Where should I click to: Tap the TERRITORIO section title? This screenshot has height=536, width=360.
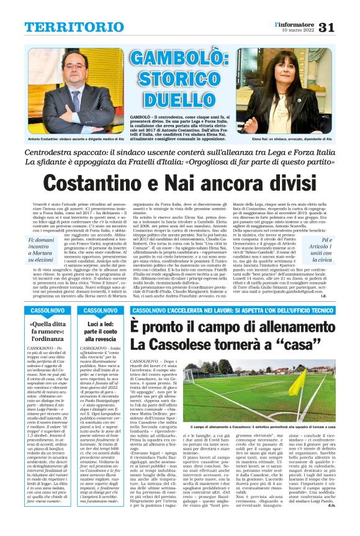click(66, 27)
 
